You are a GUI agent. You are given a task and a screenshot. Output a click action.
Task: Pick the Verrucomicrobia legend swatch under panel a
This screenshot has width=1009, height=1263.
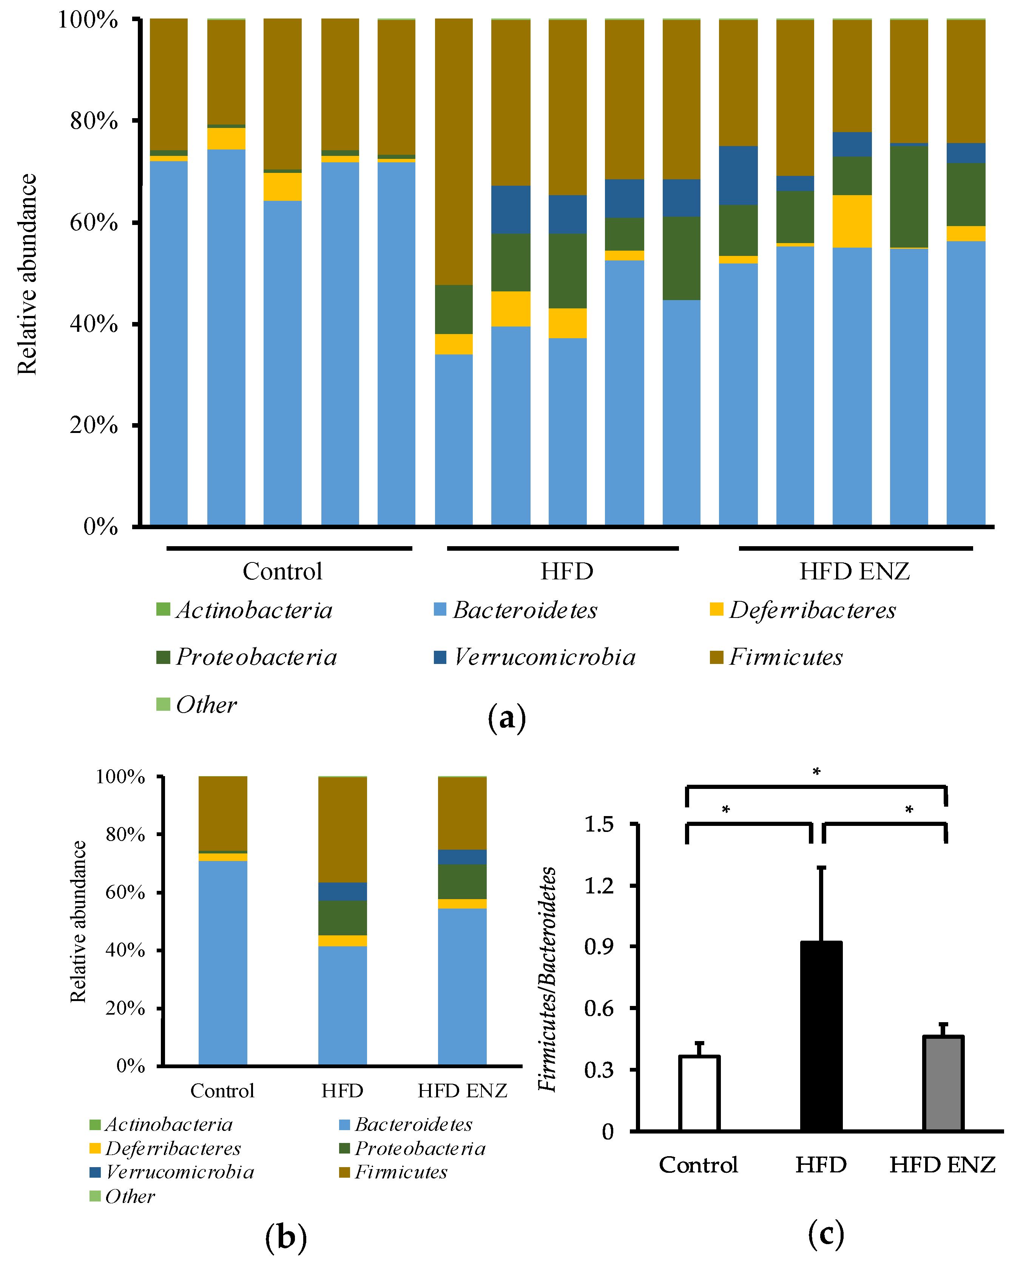[440, 657]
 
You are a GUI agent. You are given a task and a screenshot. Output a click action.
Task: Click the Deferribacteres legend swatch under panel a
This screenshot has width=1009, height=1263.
[716, 609]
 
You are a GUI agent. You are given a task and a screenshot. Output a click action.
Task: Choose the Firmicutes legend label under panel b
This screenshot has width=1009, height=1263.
[401, 1172]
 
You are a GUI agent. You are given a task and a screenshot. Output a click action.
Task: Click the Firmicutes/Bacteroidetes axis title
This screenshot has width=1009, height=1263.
[547, 978]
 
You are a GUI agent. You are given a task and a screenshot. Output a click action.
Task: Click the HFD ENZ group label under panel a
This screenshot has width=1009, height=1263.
[854, 571]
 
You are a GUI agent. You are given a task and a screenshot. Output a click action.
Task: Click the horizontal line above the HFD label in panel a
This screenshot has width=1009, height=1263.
[563, 548]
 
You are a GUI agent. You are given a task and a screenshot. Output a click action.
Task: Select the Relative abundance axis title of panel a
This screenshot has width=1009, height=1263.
[27, 274]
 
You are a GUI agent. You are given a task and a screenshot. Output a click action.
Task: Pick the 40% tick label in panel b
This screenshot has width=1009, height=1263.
[125, 950]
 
